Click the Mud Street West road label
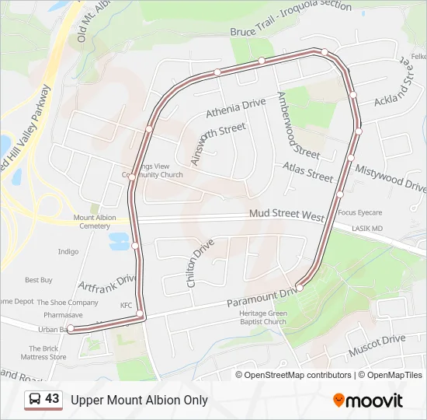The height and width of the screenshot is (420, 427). [x=286, y=214]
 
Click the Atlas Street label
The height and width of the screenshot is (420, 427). [x=307, y=172]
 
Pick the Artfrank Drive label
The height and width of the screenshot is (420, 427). [x=107, y=288]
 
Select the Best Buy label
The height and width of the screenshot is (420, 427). [x=38, y=279]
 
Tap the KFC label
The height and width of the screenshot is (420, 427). [x=127, y=305]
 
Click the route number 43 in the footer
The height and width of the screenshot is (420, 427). [x=52, y=399]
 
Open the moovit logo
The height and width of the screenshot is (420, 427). [x=368, y=401]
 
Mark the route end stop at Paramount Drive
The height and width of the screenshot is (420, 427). [x=299, y=288]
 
